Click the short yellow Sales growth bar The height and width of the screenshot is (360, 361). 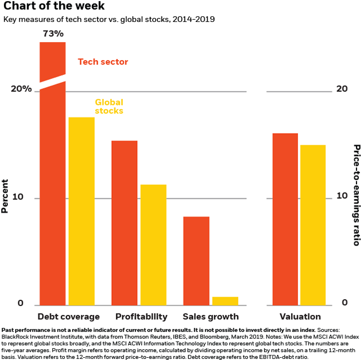click(224, 300)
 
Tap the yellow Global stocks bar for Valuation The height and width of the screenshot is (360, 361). click(313, 225)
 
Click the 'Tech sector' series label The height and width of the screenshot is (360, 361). click(103, 62)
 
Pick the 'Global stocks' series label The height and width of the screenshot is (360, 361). click(109, 106)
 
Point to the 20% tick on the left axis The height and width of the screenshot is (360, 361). click(21, 90)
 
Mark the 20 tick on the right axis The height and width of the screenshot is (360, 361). click(341, 89)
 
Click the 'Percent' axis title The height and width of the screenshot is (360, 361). click(6, 196)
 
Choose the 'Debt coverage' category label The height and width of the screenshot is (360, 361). click(68, 316)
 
